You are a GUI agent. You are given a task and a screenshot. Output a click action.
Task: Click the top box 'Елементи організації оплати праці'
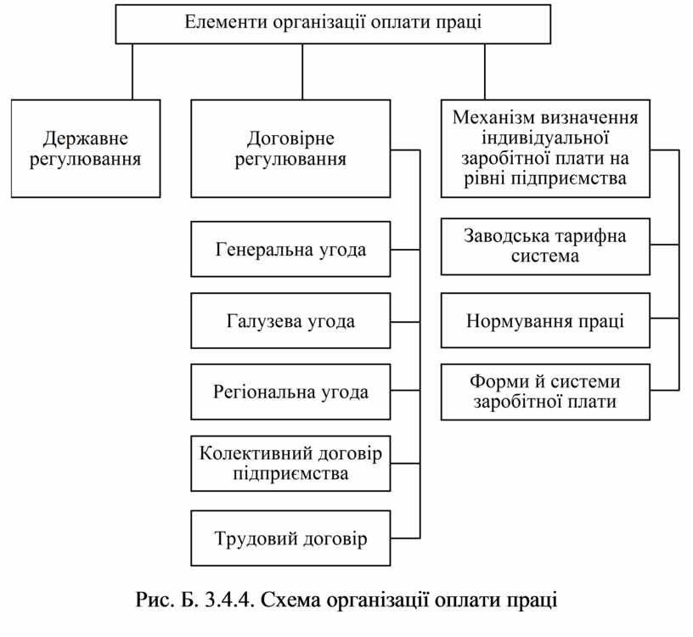pos(333,24)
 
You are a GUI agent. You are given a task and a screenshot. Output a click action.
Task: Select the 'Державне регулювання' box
pos(86,149)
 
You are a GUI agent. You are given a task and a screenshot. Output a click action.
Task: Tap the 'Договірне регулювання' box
pos(290,149)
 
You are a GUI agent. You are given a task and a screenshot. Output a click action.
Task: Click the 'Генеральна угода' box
pos(290,250)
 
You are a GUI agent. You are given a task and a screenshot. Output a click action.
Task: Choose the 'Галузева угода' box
pos(290,321)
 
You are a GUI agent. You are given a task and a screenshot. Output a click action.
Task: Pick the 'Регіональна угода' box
pos(290,392)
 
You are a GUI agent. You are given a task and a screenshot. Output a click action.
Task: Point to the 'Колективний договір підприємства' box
pos(290,463)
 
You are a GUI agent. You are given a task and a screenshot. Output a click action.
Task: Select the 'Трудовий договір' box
pos(290,538)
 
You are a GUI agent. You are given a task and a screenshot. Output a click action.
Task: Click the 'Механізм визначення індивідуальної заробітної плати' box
pos(545,148)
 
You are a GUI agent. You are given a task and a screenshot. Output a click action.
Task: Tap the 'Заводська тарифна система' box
pos(545,246)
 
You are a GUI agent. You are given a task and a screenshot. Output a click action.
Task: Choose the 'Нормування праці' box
pos(545,321)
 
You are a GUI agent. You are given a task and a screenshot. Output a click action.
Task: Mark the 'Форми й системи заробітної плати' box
pos(545,392)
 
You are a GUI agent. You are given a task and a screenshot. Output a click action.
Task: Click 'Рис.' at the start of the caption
pos(153,600)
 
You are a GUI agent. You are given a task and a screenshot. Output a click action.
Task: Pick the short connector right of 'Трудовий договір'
pos(405,538)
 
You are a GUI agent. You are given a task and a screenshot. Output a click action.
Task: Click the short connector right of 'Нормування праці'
pos(664,319)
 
